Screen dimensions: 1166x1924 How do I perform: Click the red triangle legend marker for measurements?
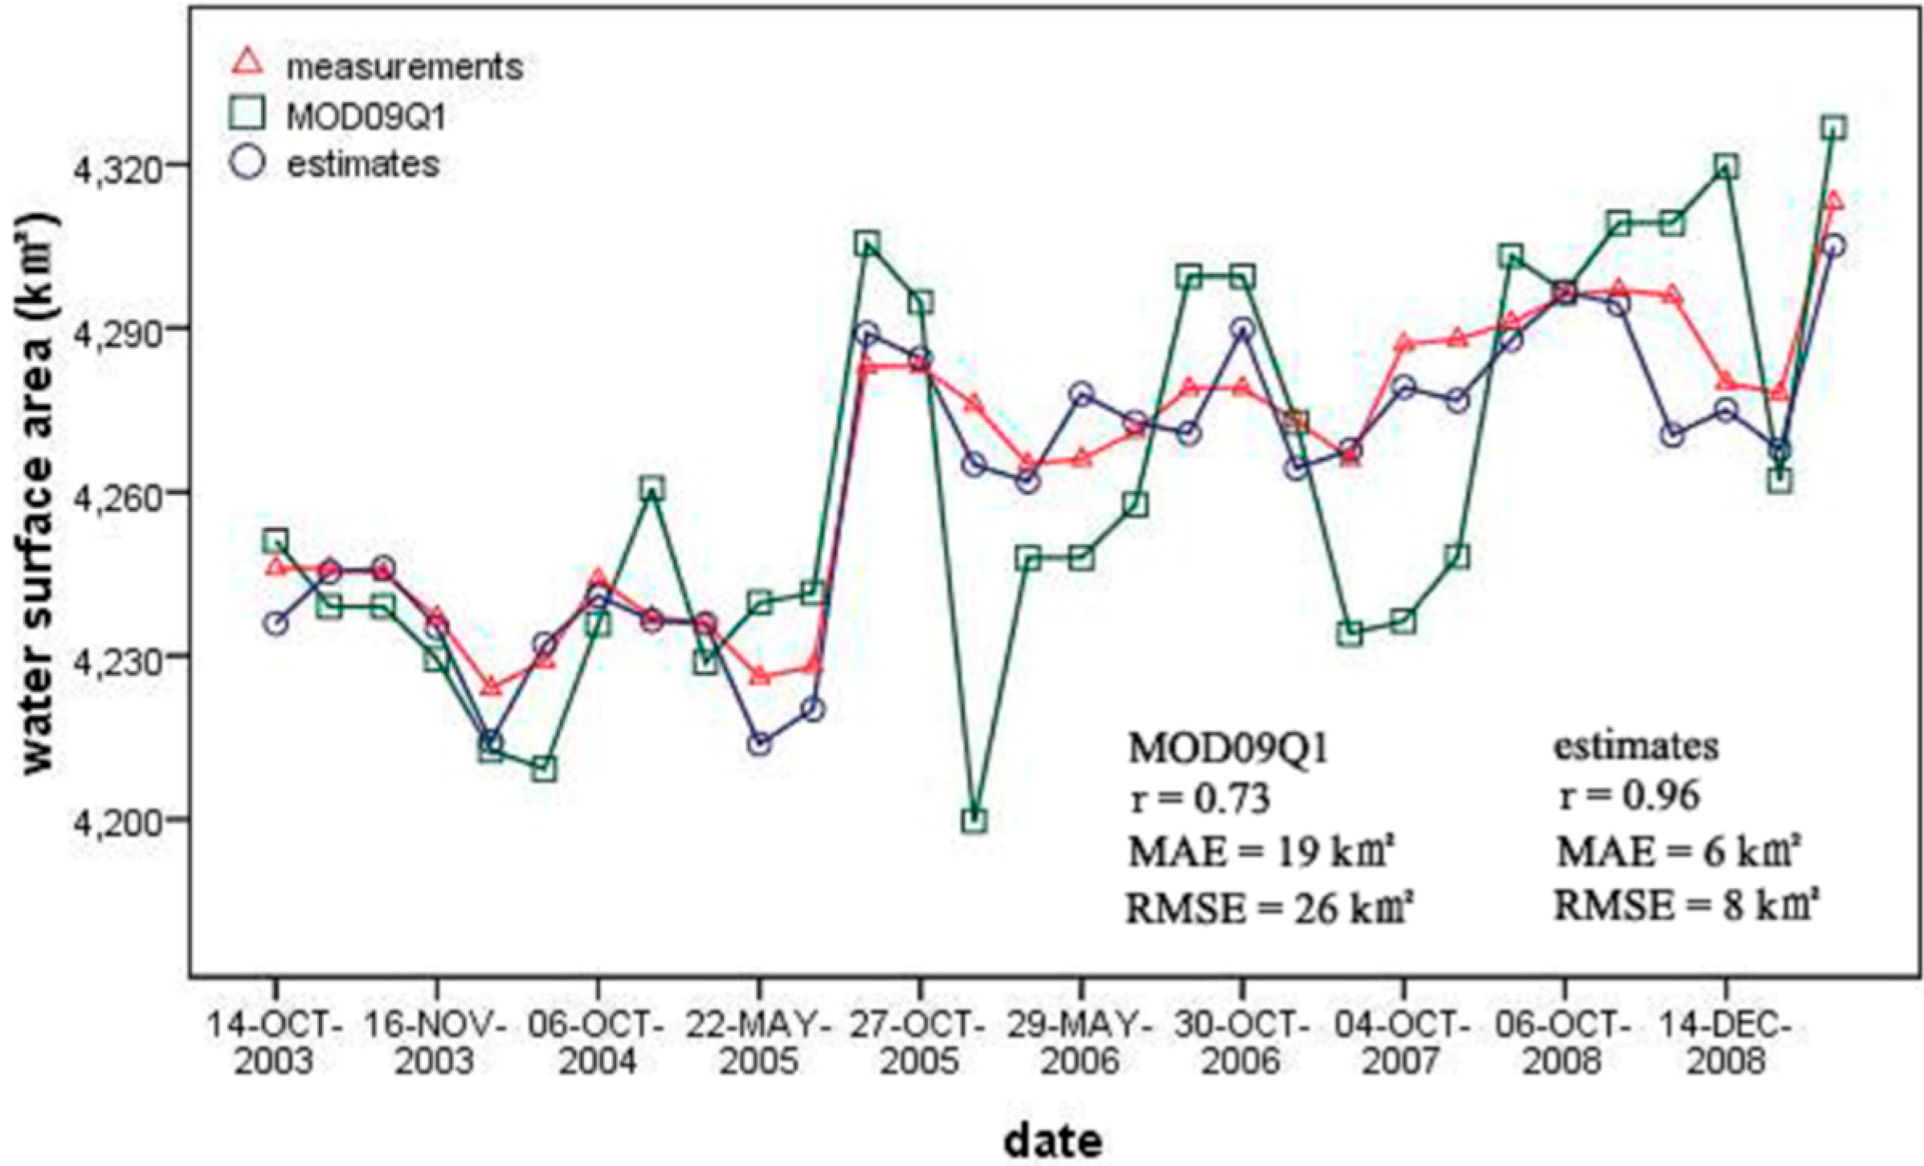point(248,63)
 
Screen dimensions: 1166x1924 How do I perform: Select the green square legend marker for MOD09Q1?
point(248,114)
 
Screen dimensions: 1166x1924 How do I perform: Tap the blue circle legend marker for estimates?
point(248,163)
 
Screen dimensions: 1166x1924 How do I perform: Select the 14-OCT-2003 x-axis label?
point(276,1044)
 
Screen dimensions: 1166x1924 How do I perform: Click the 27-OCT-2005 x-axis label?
point(919,1044)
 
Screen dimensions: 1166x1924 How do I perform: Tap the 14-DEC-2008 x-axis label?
point(1725,1044)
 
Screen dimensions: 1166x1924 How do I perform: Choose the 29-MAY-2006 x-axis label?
point(1080,1044)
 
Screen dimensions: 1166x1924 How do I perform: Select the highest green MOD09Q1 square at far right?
point(1834,128)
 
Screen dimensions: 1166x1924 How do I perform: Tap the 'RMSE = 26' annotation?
point(1268,909)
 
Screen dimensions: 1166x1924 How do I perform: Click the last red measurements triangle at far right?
point(1834,201)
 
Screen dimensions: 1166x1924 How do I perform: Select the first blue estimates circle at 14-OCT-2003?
point(276,624)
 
